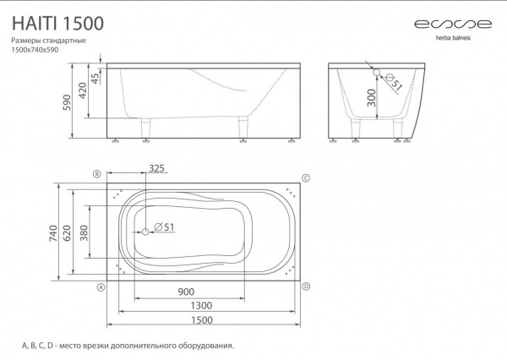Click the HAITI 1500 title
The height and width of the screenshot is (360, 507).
coord(57,24)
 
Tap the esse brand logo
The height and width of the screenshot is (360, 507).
coord(453,24)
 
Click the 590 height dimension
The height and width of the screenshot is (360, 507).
coord(67,102)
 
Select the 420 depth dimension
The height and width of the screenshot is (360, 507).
coord(83,90)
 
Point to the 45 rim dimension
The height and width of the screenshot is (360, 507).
coord(95,79)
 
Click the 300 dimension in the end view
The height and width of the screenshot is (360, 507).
coord(372,98)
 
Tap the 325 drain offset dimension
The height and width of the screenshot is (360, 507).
coord(156,168)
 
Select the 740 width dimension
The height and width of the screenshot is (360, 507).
coord(53,233)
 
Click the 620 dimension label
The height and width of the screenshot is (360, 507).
coord(67,233)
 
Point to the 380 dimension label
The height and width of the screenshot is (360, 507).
coord(84,233)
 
